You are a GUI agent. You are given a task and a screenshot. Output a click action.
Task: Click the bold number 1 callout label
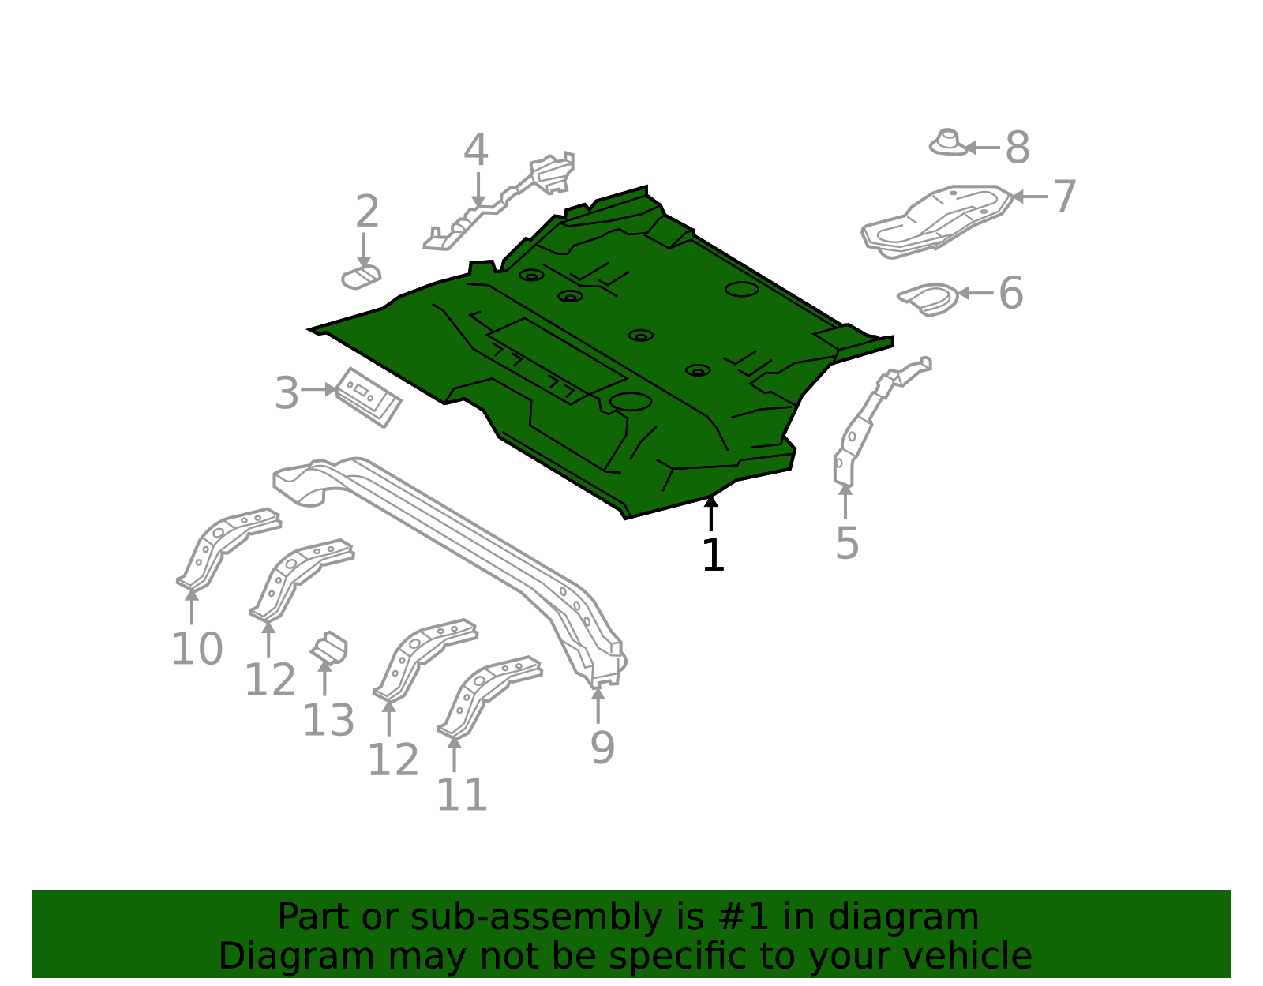(713, 555)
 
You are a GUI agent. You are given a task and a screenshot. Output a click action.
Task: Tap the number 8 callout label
(1018, 148)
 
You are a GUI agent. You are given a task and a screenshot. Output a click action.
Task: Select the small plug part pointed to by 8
(948, 143)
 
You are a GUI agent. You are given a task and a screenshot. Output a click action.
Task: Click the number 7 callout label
(1065, 197)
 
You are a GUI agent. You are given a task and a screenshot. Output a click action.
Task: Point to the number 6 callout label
(1010, 293)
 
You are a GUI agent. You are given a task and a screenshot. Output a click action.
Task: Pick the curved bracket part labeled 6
(928, 299)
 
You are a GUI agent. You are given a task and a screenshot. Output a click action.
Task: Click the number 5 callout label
(847, 544)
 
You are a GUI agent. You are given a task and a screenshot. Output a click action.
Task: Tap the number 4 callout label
(475, 149)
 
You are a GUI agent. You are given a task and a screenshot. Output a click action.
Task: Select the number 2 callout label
(367, 212)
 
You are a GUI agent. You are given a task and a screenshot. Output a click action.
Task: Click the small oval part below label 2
(361, 278)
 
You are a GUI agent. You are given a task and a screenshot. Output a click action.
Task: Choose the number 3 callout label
(287, 393)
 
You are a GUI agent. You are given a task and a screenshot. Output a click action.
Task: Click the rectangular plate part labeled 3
(369, 397)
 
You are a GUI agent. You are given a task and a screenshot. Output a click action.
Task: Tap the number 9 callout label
(602, 748)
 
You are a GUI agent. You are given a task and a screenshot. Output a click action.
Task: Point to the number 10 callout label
(197, 649)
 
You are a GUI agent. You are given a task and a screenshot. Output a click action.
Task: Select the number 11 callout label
(462, 796)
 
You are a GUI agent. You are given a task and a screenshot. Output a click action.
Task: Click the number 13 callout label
(328, 721)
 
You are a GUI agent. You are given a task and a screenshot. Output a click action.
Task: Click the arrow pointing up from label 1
(711, 513)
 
